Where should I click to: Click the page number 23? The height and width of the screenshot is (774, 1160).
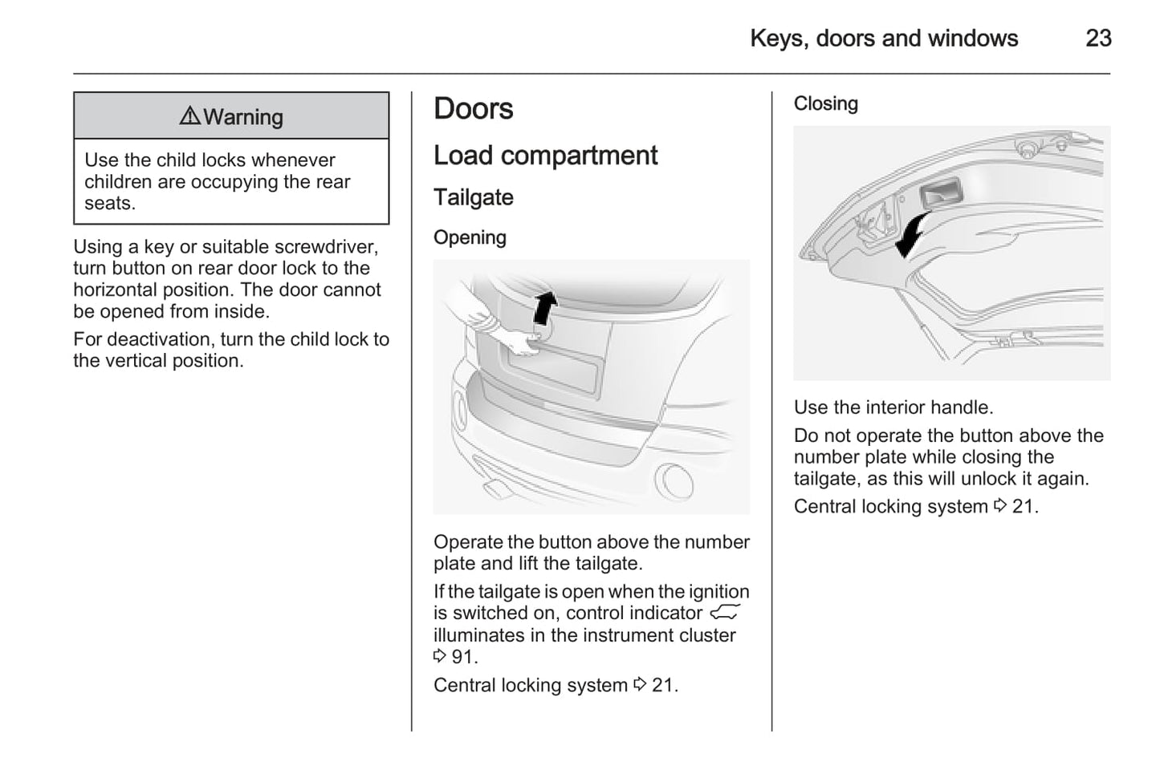pos(1097,38)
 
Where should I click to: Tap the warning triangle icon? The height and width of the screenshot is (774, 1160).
pos(189,116)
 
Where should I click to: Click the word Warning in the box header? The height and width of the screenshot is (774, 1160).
pos(243,117)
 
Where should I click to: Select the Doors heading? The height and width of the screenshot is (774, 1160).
pos(473,108)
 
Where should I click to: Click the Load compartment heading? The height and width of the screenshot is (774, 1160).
pos(545,155)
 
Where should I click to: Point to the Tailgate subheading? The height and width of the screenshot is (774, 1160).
pos(473,197)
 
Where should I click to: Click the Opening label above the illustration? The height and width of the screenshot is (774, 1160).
pos(470,237)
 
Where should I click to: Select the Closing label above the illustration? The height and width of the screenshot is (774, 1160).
pos(825,103)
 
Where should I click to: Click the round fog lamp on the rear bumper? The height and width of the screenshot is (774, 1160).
pos(672,480)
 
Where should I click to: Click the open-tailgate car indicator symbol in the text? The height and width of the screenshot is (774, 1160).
pos(724,614)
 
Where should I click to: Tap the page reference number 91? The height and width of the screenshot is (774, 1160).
pos(462,657)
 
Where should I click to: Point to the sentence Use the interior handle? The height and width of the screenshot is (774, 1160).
pos(893,407)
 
